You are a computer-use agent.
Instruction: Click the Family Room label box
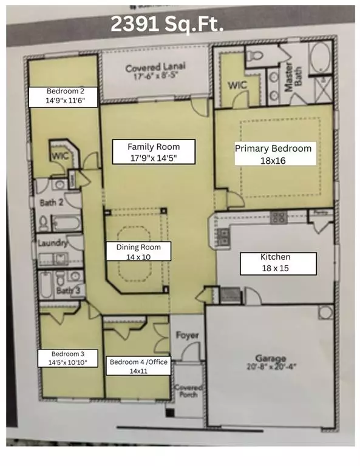coord(152,151)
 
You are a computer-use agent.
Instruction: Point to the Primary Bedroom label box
coord(273,154)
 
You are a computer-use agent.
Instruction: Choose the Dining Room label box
coord(138,252)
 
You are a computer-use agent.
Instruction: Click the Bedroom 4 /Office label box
coord(138,366)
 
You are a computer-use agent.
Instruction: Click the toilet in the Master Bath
coord(254,57)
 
